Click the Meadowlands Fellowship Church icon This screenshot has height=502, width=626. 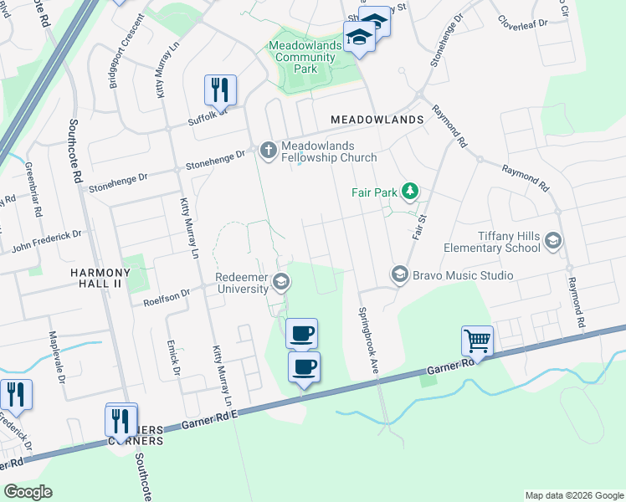click(x=268, y=151)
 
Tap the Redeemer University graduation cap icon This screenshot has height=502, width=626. click(x=282, y=282)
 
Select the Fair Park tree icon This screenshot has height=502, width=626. click(x=409, y=192)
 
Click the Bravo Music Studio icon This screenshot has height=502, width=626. click(x=399, y=274)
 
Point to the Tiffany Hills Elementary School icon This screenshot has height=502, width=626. click(x=552, y=242)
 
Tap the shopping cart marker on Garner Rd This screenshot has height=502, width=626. click(x=477, y=341)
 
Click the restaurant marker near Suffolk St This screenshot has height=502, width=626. click(x=220, y=89)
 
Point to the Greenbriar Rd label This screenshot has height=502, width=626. click(x=33, y=190)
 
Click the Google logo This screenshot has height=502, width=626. click(x=28, y=492)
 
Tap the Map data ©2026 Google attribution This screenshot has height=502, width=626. click(x=573, y=495)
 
